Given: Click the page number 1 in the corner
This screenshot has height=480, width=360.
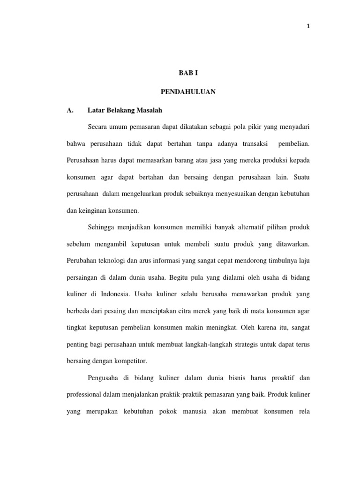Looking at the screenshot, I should click(308, 26).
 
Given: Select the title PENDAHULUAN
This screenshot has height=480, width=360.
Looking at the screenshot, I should click(188, 92).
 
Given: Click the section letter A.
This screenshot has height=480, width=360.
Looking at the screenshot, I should click(70, 110).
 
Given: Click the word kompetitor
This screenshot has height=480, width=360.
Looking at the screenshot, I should click(131, 361).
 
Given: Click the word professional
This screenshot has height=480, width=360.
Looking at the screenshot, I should click(85, 395).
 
